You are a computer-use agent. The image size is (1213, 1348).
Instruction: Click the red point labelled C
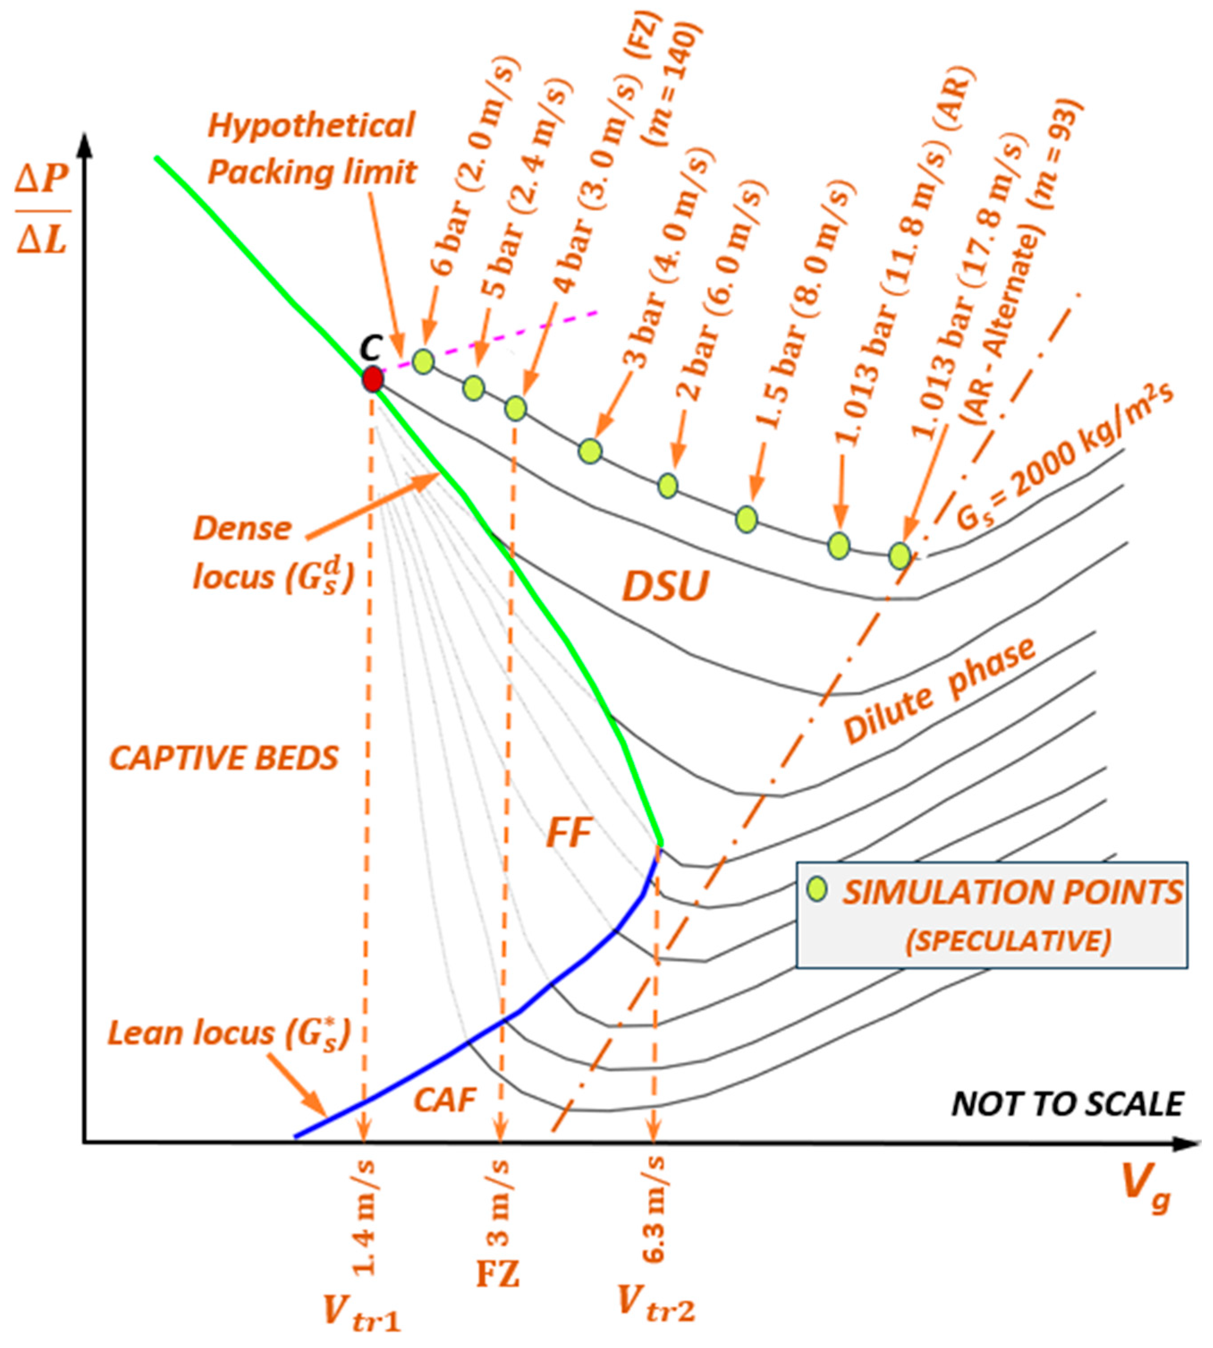(372, 379)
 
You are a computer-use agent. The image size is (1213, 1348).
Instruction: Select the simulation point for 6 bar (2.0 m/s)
(423, 362)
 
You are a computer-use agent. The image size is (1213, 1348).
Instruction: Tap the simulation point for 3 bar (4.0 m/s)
(590, 451)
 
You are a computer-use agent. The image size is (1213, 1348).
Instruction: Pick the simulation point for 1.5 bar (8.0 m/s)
(747, 519)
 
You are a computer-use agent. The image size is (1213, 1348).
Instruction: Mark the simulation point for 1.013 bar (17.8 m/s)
(900, 555)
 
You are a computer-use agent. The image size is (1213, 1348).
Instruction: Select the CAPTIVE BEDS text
(224, 758)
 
